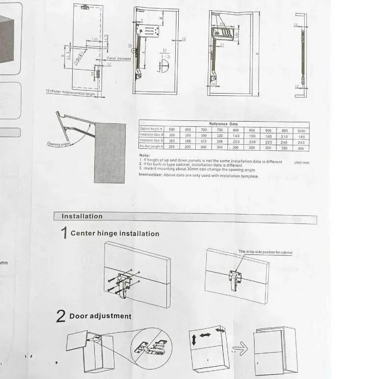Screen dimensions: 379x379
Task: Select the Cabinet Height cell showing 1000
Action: tap(300, 131)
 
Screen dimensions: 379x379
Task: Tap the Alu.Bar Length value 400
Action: tap(300, 148)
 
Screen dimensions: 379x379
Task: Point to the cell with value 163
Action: tap(172, 141)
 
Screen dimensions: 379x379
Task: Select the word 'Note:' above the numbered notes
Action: tap(144, 155)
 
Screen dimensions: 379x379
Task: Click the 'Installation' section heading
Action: tap(82, 217)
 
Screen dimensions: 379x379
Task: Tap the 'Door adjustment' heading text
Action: tap(100, 316)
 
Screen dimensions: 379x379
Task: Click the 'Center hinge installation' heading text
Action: tap(115, 234)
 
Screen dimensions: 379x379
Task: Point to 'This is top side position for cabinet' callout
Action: tap(265, 252)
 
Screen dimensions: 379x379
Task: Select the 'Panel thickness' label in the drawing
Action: tap(119, 58)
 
